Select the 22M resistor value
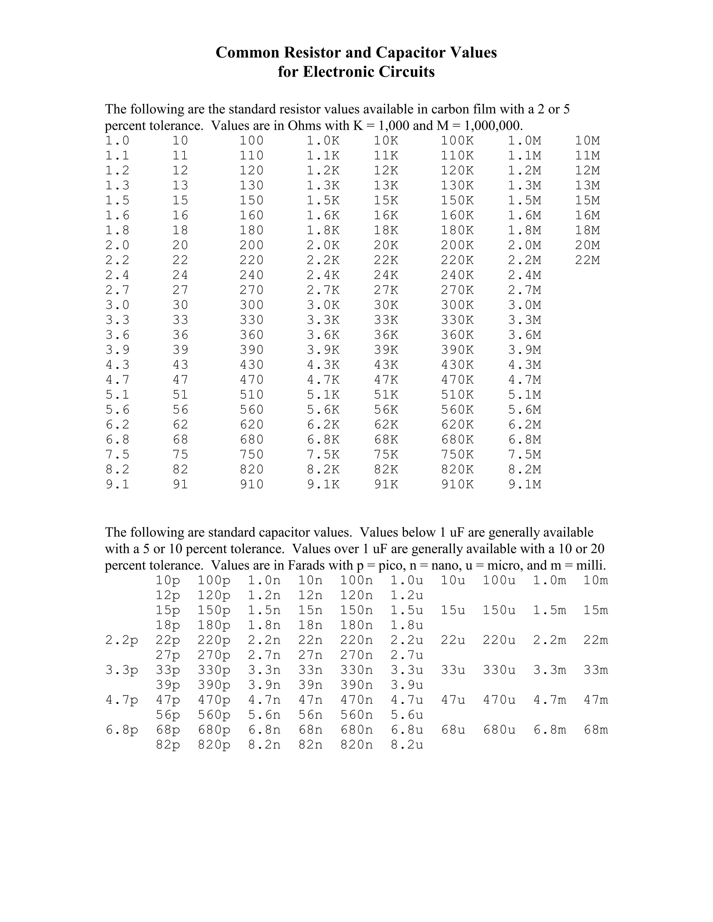587,260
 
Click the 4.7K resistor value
323,380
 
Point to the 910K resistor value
457,484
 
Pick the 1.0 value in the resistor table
117,141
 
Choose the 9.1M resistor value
525,484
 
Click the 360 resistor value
251,335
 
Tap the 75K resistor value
386,454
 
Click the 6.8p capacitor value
122,730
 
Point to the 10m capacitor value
596,580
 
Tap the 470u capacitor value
499,700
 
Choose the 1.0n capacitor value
264,580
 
